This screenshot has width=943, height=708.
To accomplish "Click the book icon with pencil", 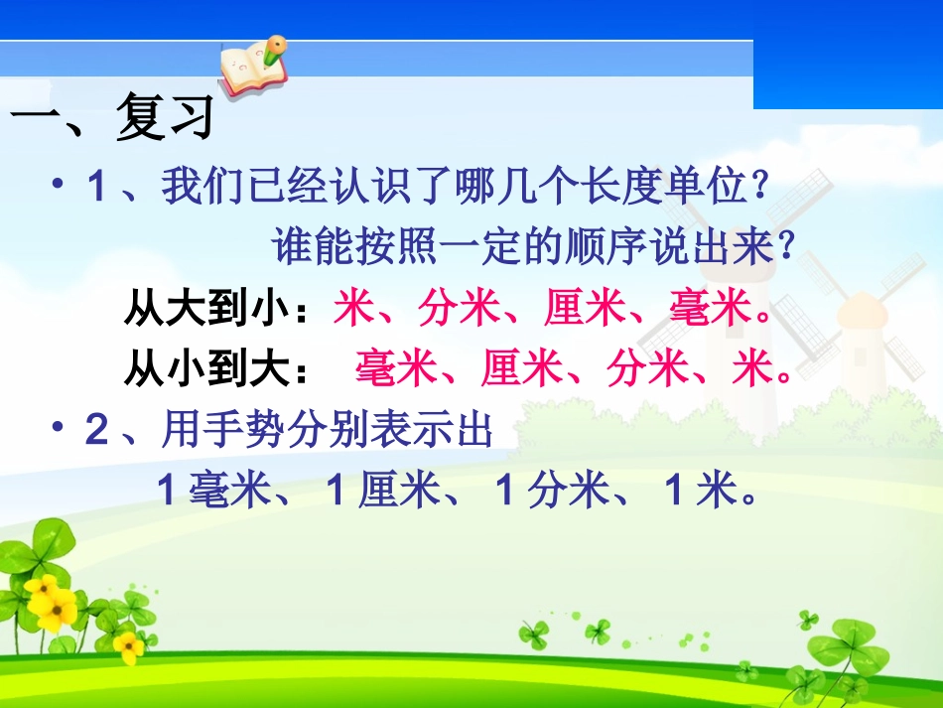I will click(252, 66).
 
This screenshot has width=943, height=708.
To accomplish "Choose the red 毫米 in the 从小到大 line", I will click(396, 371).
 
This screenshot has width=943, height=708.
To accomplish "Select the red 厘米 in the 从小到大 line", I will click(522, 371).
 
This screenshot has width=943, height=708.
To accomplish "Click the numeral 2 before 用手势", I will click(97, 431).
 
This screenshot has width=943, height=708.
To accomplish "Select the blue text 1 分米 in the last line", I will click(551, 492).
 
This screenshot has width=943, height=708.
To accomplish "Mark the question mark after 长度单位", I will click(760, 188).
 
